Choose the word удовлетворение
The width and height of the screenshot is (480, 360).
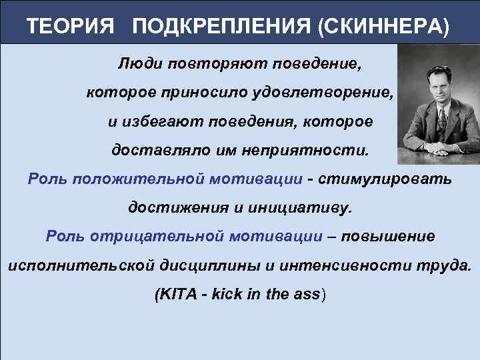coord(324,94)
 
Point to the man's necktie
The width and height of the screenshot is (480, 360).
coord(441,120)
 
